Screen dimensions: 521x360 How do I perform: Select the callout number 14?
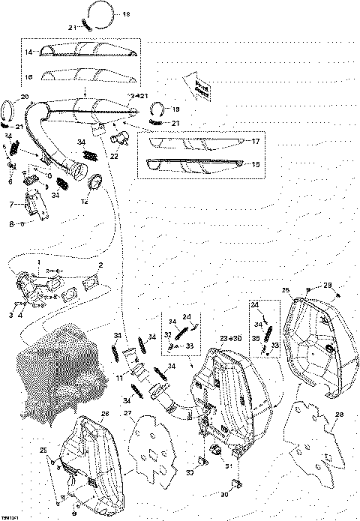click(x=28, y=52)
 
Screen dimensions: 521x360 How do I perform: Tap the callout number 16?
click(x=28, y=76)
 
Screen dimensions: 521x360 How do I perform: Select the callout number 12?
click(x=85, y=201)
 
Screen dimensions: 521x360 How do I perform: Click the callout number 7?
click(x=10, y=204)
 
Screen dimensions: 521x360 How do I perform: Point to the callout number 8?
click(x=10, y=223)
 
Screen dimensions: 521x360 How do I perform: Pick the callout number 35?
click(x=255, y=338)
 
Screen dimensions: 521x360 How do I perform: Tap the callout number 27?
click(x=128, y=412)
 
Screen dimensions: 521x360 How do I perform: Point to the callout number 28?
click(x=339, y=415)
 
